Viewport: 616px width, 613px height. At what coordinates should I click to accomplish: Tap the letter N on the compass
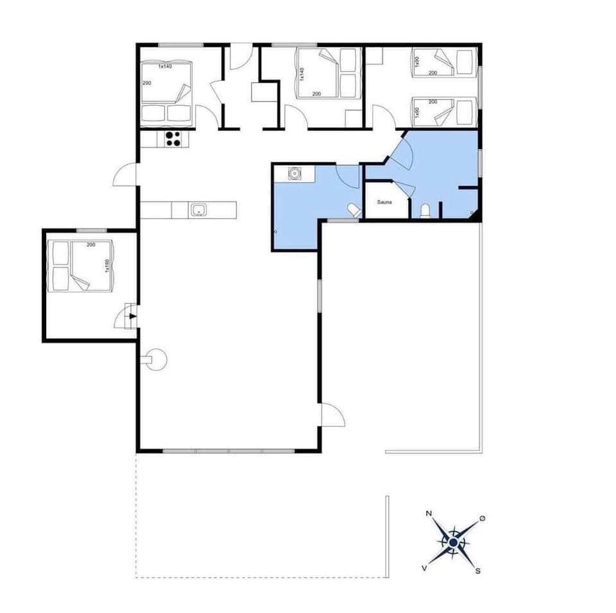pyautogui.click(x=429, y=514)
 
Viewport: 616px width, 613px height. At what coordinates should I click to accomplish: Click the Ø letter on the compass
pyautogui.click(x=482, y=518)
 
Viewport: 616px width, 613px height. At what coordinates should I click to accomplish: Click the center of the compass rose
pyautogui.click(x=454, y=542)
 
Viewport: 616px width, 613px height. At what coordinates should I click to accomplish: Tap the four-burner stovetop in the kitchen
pyautogui.click(x=172, y=138)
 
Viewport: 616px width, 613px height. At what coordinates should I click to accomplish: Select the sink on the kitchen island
pyautogui.click(x=197, y=209)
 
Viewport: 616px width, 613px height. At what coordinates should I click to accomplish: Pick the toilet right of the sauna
pyautogui.click(x=425, y=211)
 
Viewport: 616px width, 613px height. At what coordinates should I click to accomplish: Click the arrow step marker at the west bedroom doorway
pyautogui.click(x=132, y=316)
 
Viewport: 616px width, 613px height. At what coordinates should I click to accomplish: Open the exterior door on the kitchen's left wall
pyautogui.click(x=126, y=175)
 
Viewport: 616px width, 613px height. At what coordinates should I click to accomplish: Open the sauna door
pyautogui.click(x=405, y=190)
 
